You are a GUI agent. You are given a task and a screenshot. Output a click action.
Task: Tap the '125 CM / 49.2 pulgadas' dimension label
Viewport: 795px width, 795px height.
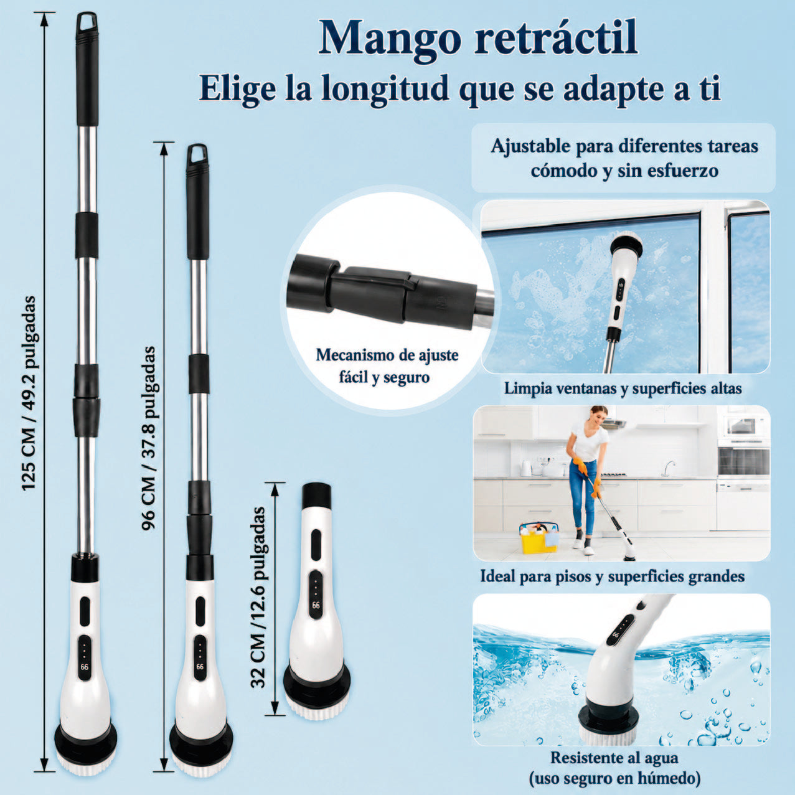29,393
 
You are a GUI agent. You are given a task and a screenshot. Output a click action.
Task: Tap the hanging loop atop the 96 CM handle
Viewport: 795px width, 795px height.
197,155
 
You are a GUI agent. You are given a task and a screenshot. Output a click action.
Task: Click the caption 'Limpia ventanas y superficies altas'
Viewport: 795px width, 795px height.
623,388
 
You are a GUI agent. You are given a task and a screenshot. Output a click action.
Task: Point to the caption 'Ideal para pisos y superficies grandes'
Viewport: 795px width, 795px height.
612,576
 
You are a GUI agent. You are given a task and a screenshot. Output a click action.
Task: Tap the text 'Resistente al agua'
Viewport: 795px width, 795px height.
614,758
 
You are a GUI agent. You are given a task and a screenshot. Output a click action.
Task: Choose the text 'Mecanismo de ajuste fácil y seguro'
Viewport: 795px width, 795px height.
387,366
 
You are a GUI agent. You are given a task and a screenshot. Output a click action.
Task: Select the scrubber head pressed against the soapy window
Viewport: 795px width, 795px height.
627,247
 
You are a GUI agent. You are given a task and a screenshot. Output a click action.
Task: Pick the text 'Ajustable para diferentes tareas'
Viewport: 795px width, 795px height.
624,147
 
